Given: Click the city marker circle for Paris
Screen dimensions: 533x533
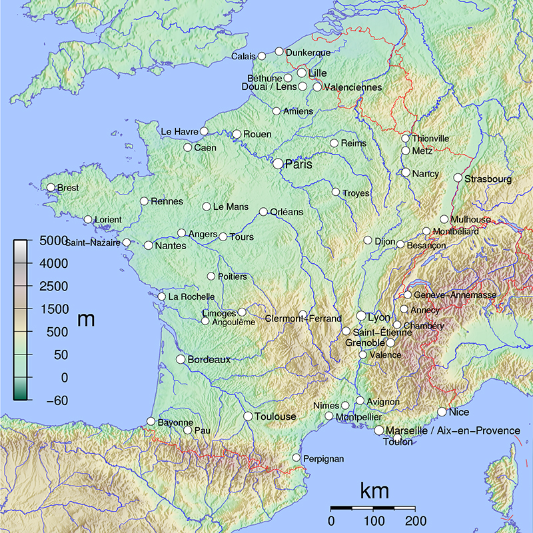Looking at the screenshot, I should pos(278,163).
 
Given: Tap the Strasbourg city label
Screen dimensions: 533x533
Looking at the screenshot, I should pos(488,179).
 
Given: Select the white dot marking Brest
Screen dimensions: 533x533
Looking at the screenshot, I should pos(51,187).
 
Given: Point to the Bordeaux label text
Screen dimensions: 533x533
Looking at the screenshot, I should pos(209,360).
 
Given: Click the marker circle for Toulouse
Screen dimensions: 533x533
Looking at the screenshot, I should pos(248,416).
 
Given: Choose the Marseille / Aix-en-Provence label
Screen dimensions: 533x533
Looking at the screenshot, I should pos(453,431).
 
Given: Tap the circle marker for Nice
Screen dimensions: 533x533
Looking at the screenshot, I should pos(442,412).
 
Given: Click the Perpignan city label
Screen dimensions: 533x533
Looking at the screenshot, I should pos(323,459).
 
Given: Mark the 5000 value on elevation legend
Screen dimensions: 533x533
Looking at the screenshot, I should pos(52,240).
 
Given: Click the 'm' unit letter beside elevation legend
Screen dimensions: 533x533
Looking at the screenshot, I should pos(86,319).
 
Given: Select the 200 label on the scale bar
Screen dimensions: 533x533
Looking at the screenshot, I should pos(416,520).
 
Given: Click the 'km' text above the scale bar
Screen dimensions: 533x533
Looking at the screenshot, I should pos(374,492).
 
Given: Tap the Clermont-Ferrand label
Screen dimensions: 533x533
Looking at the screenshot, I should pos(303,319).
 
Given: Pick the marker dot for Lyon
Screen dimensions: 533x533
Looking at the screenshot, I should pos(362,316).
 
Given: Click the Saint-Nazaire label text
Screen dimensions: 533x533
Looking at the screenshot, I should pos(92,243).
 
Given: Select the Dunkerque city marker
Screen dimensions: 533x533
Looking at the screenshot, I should pos(279,51).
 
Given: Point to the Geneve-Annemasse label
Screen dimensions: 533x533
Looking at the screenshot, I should pos(455,294).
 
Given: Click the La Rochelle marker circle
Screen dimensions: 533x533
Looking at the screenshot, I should pos(162,296).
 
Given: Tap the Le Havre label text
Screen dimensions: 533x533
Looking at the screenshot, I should pos(180,132).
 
